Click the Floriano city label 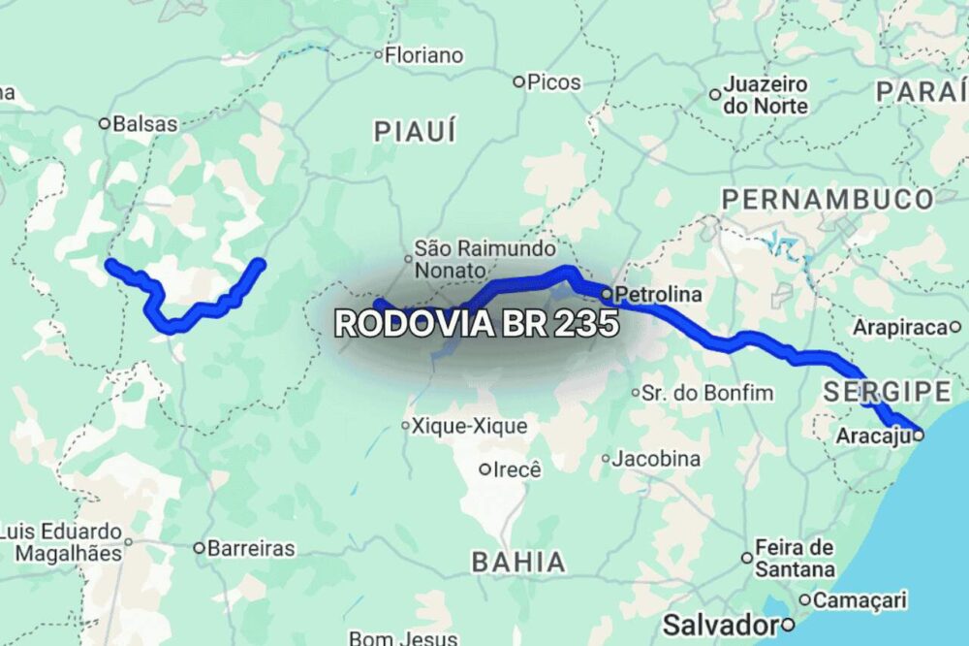(423, 55)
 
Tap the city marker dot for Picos (518, 82)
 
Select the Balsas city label (145, 124)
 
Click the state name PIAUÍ (415, 131)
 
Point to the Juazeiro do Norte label (765, 96)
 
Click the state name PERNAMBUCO (828, 200)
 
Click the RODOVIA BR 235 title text (476, 324)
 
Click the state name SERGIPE (887, 392)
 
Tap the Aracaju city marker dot (918, 436)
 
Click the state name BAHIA (518, 561)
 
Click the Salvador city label (722, 623)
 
